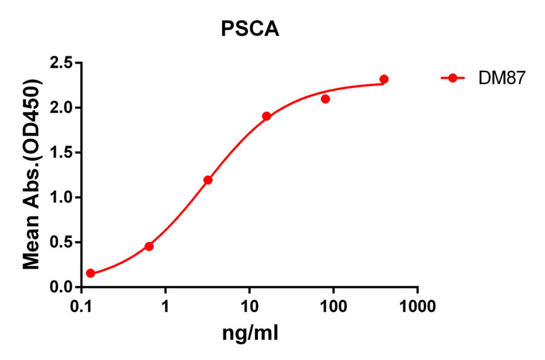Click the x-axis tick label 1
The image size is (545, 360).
pyautogui.click(x=165, y=307)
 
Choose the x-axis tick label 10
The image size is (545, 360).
pyautogui.click(x=249, y=307)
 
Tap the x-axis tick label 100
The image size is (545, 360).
pyautogui.click(x=333, y=307)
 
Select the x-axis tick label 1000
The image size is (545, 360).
pyautogui.click(x=417, y=307)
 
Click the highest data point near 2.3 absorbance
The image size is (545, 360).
pyautogui.click(x=384, y=79)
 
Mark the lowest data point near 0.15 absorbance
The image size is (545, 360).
pyautogui.click(x=90, y=273)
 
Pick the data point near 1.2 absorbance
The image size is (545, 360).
pyautogui.click(x=208, y=180)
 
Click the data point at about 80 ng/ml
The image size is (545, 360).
pyautogui.click(x=325, y=99)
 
